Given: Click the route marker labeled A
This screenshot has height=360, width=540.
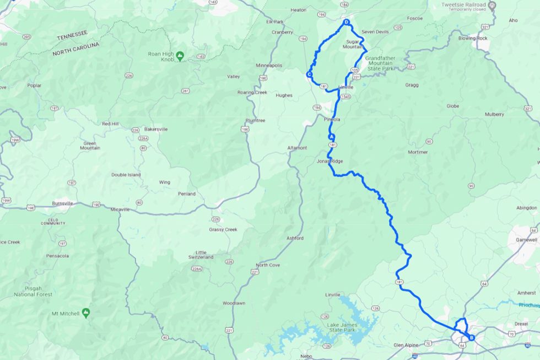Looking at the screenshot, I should pos(331,136).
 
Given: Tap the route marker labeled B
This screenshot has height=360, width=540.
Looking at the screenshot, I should pos(471,337).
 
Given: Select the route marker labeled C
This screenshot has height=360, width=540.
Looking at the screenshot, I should pos(310,74).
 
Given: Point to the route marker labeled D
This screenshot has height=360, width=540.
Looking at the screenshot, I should pos(346,23).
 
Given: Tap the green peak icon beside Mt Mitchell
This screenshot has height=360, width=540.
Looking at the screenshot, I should pos(86,313).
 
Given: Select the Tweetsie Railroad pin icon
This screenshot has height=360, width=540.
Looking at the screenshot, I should pos(493,5).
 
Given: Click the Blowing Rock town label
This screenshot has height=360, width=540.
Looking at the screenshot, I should pos(474,39).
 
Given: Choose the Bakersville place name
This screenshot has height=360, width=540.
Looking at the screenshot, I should pos(155,129).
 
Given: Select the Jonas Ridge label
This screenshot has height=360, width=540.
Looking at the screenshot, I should pos(330,161).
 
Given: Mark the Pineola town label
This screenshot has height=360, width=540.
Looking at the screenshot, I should pos(332,119).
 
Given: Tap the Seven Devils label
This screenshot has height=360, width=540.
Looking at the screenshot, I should pos(375,31).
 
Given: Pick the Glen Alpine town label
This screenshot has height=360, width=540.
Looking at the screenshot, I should pos(407,345).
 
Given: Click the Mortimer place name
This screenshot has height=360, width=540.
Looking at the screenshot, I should pos(418,152).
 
